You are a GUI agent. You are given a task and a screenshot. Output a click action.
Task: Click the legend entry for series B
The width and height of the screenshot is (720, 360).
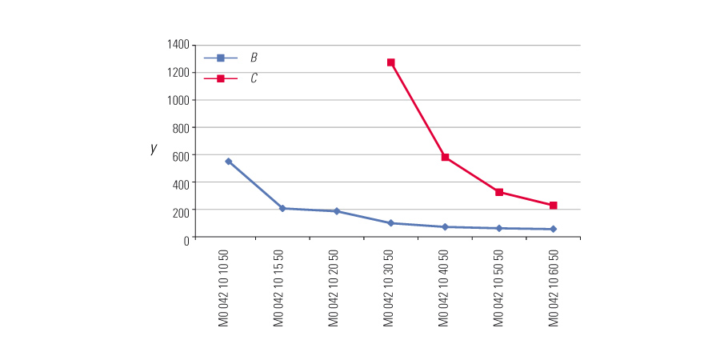pos(253,58)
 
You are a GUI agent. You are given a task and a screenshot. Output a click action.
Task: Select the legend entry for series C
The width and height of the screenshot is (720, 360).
pos(253,78)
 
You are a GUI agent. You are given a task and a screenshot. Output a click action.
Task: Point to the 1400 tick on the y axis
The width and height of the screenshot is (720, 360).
pos(178,45)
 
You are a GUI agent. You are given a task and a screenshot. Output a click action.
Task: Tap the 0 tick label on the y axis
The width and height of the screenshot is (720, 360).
pos(186,238)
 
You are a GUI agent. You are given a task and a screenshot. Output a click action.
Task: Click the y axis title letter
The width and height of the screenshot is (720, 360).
pos(153,148)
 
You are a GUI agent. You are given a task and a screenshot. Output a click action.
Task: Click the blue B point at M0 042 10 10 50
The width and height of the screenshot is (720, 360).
pos(229,162)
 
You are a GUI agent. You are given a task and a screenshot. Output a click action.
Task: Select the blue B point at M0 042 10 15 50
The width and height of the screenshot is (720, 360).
pos(282,209)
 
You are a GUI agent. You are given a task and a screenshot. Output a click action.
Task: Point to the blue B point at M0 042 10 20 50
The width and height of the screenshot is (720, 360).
pos(337,211)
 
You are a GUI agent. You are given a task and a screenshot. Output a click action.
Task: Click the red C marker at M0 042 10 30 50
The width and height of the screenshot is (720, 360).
pos(391,62)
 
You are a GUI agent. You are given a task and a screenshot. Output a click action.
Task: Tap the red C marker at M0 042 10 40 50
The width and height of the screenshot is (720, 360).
pos(445,158)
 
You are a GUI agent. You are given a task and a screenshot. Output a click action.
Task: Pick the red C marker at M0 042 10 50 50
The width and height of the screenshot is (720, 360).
pos(499,192)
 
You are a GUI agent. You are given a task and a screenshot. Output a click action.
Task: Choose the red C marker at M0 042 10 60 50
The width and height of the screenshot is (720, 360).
pos(553,206)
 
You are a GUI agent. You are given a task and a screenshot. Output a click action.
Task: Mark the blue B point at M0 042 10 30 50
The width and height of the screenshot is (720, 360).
pos(391,223)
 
